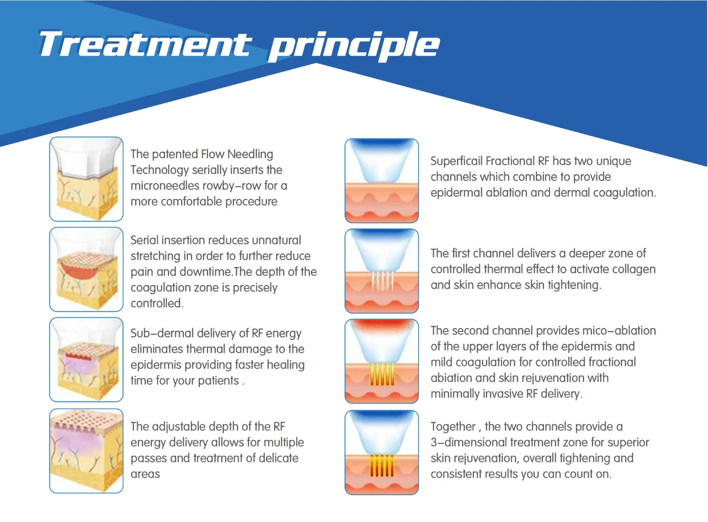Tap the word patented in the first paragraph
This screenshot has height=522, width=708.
175,154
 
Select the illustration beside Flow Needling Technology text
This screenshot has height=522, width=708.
86,179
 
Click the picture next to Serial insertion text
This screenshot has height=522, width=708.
86,269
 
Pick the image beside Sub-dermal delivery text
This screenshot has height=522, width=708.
86,359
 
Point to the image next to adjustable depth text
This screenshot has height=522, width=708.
86,451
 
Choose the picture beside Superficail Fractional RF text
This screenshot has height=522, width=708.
382,181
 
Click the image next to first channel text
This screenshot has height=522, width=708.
382,271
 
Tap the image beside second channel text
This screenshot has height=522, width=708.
382,361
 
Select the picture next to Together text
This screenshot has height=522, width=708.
382,452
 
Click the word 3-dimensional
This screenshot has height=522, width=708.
475,442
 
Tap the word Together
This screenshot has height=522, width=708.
453,426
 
